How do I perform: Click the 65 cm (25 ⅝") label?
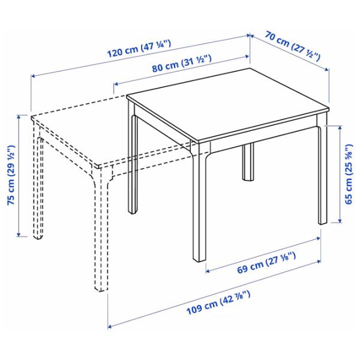click(349, 175)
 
